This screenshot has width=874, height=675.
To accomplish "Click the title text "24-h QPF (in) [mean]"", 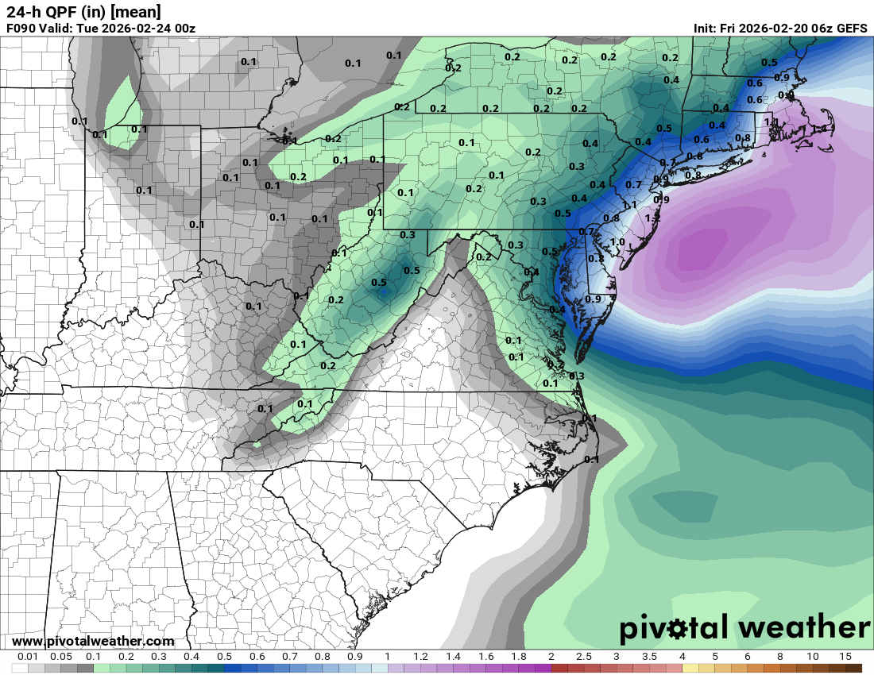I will (83, 12).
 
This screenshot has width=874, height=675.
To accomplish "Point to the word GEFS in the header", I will (852, 29).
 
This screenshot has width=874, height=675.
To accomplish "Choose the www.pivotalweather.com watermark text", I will (93, 641).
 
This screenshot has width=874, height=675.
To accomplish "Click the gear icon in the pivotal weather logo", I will (677, 630).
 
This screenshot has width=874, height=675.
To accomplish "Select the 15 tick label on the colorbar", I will (845, 657).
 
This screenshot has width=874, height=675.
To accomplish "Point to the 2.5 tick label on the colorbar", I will (583, 657).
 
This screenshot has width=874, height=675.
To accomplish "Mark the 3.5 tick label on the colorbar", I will (649, 657).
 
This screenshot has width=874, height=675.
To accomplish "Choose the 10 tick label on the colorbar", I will (812, 657).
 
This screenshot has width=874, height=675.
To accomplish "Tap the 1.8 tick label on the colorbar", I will (518, 657).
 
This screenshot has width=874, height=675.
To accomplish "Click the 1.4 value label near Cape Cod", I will (818, 129).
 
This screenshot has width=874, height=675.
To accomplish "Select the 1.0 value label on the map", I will (617, 242).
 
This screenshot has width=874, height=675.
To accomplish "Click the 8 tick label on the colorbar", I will (779, 657).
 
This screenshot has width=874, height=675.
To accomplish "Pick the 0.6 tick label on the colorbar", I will (257, 657).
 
